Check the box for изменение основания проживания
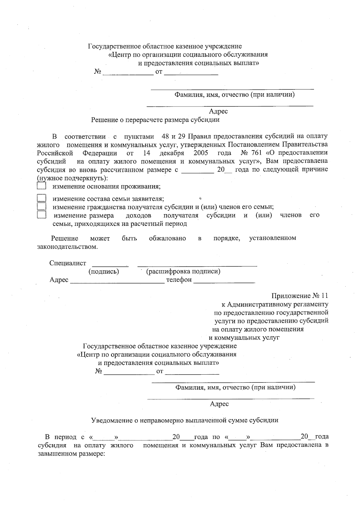(x=41, y=186)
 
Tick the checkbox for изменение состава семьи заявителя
(x=41, y=198)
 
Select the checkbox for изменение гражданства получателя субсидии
(x=41, y=206)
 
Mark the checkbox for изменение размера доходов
(x=41, y=215)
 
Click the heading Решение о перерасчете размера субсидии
(x=155, y=120)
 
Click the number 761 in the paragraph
(x=258, y=153)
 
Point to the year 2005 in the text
(x=201, y=153)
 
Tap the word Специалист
(x=68, y=263)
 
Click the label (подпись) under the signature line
(x=104, y=272)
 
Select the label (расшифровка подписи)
(x=183, y=272)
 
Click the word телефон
(x=179, y=280)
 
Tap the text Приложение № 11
(x=300, y=296)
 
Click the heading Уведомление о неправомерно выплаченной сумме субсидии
(x=184, y=420)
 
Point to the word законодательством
(x=67, y=247)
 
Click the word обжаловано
(x=167, y=238)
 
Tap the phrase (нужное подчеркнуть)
(x=72, y=178)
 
